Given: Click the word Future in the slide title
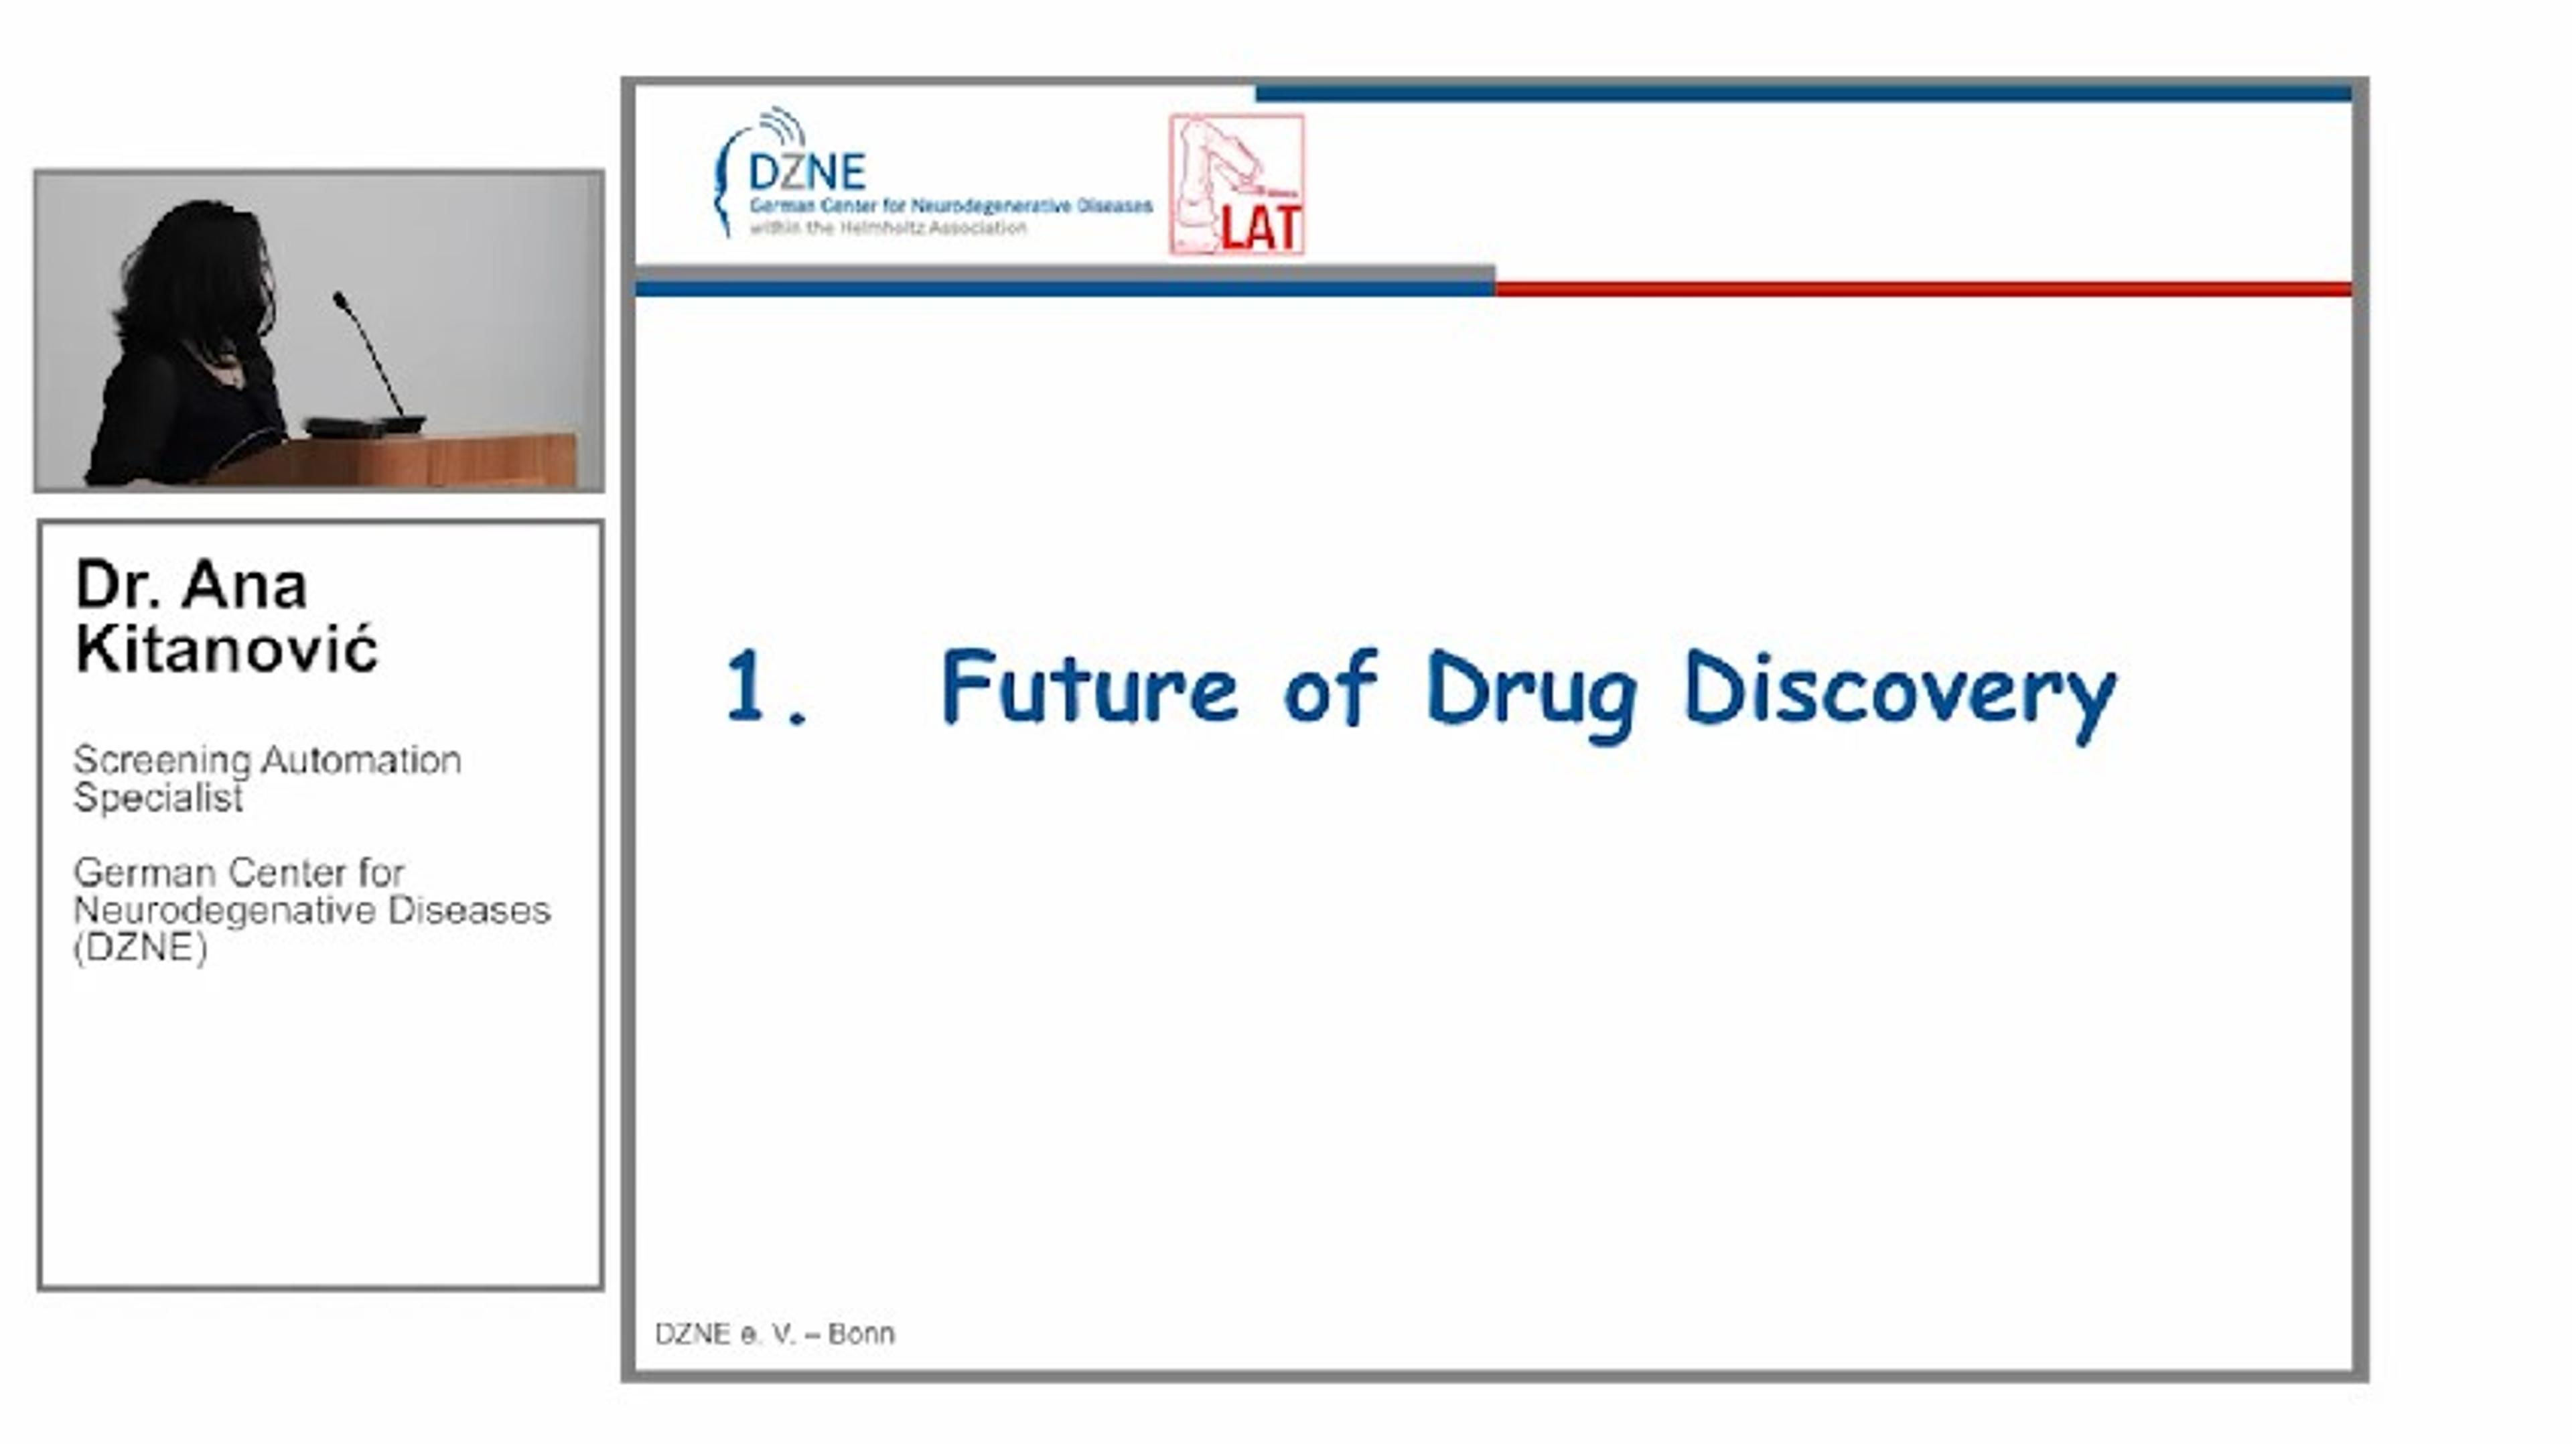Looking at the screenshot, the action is [1089, 686].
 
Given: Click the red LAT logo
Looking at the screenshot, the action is [1237, 185].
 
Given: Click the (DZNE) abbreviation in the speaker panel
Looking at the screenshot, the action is [141, 947].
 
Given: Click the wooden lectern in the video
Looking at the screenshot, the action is [399, 462].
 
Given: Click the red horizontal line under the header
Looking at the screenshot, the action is [1923, 289].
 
